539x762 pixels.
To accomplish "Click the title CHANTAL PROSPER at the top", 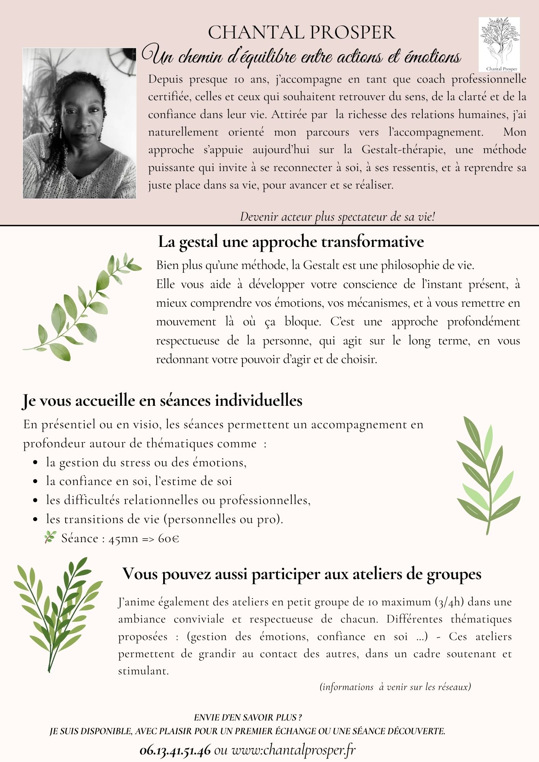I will (x=302, y=32).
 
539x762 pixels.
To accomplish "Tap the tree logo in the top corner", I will (x=499, y=43).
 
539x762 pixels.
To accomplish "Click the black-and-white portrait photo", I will (x=79, y=123).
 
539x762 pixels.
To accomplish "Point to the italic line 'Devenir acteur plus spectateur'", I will (x=337, y=217).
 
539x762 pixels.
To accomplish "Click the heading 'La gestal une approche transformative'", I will (x=290, y=242).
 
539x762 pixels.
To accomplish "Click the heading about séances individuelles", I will (x=162, y=401).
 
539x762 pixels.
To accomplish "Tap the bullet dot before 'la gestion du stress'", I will (x=35, y=463).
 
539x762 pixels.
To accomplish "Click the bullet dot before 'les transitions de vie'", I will (x=35, y=519).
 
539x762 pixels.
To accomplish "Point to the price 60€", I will (x=168, y=538).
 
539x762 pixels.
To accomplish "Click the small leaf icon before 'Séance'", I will (x=50, y=537).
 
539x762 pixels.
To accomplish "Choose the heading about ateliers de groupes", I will (x=302, y=574).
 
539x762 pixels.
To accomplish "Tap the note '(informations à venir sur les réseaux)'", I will (x=395, y=687).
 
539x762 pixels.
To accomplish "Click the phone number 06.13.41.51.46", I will (x=175, y=750).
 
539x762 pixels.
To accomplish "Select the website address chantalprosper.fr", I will (x=294, y=750).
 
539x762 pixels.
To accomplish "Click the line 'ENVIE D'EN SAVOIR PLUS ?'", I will (x=248, y=717).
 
